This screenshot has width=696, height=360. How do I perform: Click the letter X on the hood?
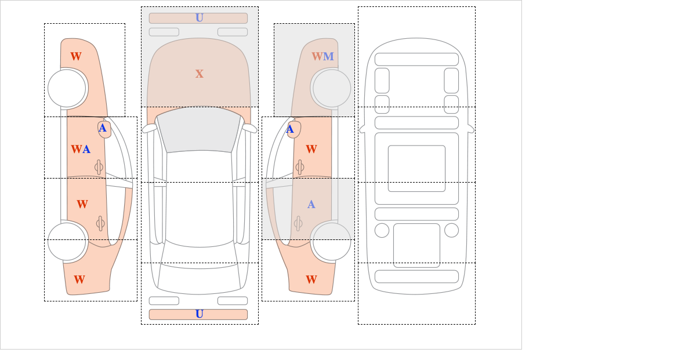click(200, 74)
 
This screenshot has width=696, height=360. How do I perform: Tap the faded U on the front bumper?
click(200, 18)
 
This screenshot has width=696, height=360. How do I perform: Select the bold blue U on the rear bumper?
click(200, 314)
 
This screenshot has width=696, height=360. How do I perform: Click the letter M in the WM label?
click(328, 57)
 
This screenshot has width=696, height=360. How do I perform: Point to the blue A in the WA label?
click(86, 150)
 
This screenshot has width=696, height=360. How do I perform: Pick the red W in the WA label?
click(77, 150)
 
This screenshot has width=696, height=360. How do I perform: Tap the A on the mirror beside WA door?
click(103, 128)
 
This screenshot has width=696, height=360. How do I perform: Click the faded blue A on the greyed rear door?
click(311, 205)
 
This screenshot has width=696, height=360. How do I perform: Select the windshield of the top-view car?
click(199, 129)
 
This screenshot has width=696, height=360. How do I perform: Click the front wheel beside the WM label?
click(332, 88)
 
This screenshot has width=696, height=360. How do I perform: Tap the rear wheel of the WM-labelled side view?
click(332, 241)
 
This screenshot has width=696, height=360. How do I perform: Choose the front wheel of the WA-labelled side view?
click(67, 88)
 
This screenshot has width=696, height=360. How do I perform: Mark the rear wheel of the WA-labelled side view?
click(67, 241)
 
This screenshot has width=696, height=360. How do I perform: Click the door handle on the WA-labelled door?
click(99, 168)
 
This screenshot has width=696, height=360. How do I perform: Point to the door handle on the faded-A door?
click(298, 224)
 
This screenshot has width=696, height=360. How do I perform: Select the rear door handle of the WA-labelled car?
click(100, 224)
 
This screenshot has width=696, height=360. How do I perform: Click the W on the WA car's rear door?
click(82, 205)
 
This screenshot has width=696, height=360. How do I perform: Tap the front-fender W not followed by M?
click(76, 57)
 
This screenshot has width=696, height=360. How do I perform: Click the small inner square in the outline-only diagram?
click(416, 168)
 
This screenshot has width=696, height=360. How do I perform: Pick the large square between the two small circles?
click(416, 245)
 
